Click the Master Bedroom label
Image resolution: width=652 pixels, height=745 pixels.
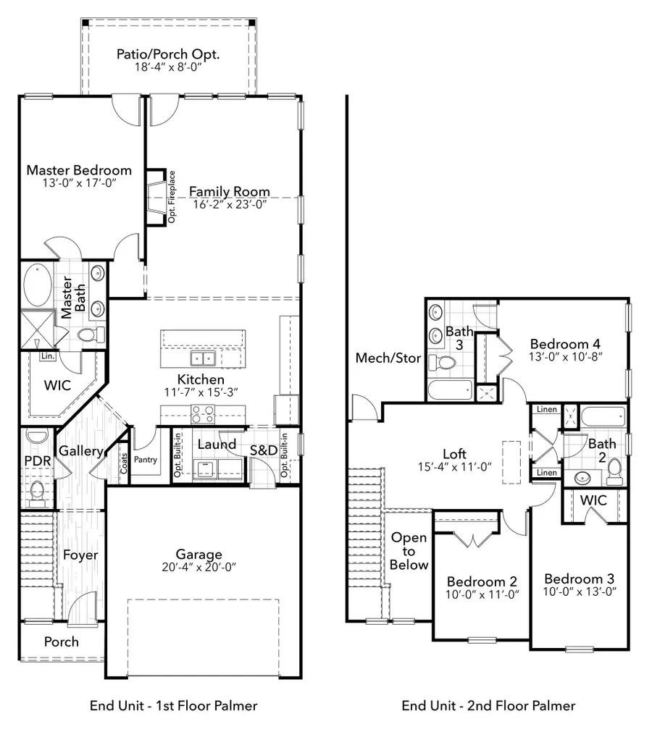79,170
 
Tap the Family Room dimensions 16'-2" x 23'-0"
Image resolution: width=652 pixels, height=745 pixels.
229,204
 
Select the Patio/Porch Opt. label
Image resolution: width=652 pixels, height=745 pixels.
168,54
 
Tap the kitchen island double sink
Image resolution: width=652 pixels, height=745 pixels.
202,358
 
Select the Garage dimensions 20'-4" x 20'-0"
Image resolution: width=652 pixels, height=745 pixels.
203,568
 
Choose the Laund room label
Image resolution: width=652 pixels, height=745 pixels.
217,444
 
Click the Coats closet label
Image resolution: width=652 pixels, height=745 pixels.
123,463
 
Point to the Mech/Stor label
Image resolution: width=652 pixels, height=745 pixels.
388,358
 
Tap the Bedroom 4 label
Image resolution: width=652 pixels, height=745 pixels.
565,344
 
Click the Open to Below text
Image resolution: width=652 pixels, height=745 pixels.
409,551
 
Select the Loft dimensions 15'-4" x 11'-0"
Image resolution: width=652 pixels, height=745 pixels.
454,467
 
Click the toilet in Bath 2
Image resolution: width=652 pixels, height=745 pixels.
614,471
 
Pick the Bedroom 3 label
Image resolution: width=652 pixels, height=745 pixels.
580,578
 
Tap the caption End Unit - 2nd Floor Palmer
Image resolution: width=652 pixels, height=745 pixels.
488,705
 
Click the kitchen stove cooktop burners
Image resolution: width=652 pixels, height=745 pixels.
202,413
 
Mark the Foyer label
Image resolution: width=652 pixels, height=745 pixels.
80,555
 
